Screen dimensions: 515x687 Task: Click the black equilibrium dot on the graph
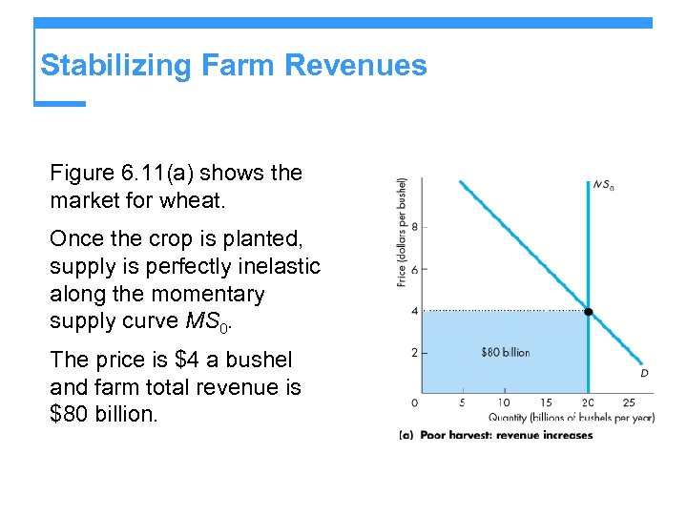point(589,312)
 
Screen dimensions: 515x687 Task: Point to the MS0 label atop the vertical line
point(603,185)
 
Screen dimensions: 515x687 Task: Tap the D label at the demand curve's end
point(644,374)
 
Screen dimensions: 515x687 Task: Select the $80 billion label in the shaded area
point(506,353)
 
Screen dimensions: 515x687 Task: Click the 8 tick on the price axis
point(414,227)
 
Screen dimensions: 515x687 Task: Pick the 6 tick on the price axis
point(414,269)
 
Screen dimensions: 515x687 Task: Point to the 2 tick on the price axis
point(414,353)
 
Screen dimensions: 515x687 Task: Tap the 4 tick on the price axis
point(414,311)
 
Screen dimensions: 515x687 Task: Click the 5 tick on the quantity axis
point(462,402)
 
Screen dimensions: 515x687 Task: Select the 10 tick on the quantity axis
point(504,402)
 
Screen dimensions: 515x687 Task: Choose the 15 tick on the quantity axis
point(546,402)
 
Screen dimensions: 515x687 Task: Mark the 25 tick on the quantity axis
point(628,402)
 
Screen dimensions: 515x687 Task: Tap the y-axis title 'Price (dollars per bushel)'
point(402,232)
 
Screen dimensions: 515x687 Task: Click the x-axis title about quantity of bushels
point(571,417)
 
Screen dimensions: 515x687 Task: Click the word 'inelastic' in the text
point(278,267)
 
